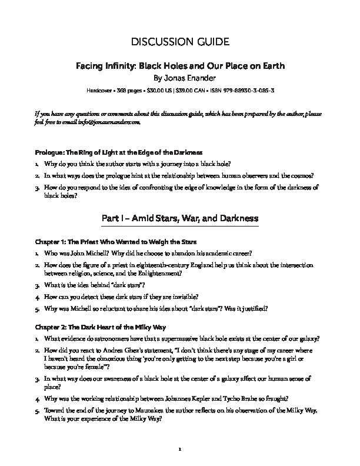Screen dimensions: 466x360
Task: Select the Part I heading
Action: pos(180,218)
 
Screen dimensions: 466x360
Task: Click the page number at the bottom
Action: pos(180,450)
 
